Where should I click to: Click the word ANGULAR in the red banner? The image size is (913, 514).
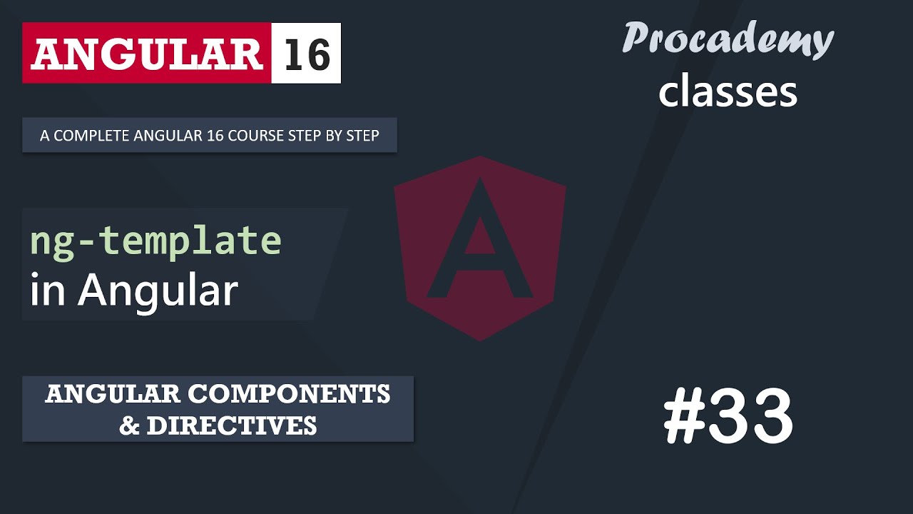146,54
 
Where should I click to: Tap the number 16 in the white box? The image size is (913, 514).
307,54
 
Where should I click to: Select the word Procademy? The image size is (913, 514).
728,39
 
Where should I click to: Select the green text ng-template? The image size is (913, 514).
155,241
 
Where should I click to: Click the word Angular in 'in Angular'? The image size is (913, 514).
158,291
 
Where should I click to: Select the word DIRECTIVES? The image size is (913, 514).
232,425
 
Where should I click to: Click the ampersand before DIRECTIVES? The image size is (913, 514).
129,425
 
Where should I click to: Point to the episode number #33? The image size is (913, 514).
728,418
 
